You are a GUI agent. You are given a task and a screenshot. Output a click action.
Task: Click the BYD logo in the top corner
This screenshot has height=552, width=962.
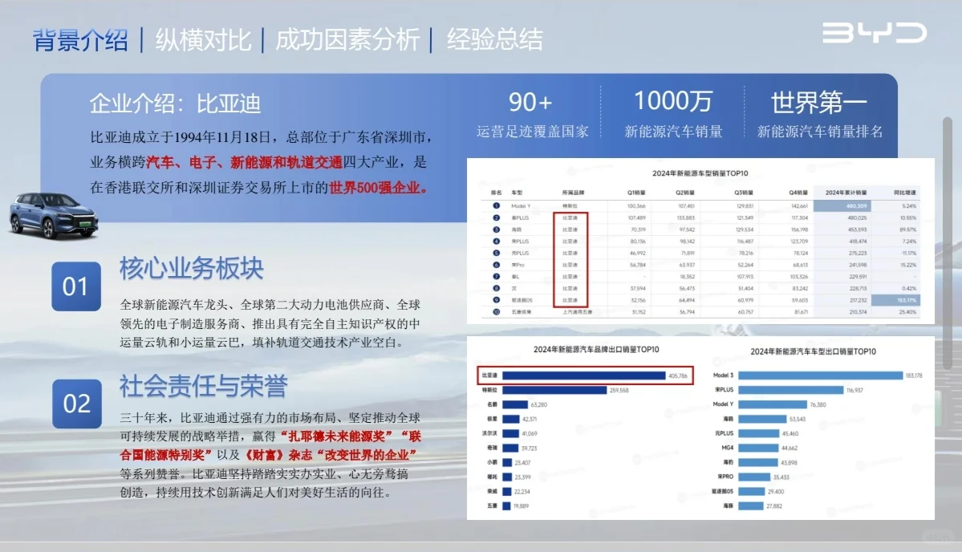874,33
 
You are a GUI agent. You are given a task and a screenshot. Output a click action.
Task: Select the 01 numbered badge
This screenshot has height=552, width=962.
76,286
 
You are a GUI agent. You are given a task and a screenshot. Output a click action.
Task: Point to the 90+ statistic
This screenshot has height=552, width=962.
530,102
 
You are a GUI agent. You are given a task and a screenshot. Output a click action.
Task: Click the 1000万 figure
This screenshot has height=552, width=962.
673,101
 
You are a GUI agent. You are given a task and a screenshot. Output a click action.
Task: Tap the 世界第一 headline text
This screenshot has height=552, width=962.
819,103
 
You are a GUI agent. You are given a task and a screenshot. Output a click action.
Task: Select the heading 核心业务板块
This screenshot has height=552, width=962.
192,268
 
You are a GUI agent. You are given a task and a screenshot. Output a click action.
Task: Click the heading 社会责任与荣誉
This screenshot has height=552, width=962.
203,386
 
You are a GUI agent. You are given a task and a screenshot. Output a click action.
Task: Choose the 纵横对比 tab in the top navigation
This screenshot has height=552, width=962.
203,39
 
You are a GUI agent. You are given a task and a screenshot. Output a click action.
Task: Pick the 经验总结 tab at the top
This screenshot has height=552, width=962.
494,39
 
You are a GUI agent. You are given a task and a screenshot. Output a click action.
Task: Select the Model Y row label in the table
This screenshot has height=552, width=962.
522,205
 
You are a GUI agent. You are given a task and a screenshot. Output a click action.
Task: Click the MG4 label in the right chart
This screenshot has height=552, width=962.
725,448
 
